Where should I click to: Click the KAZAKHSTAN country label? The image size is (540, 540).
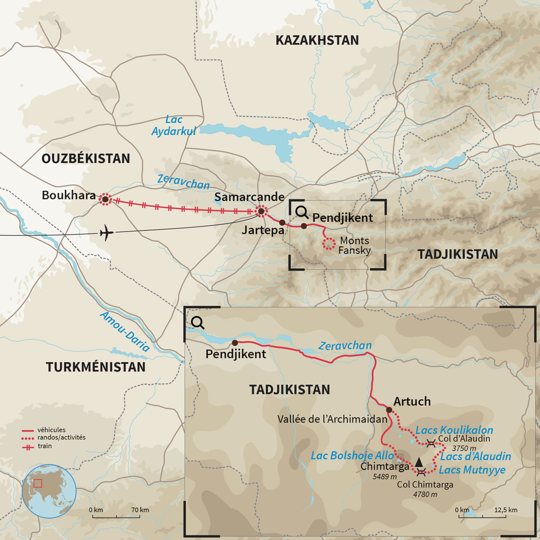click(x=317, y=40)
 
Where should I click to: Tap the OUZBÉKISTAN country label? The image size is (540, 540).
click(x=86, y=159)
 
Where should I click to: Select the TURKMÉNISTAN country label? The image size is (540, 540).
click(x=96, y=367)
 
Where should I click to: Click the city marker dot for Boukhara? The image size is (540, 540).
click(x=105, y=199)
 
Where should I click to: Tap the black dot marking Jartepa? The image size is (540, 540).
click(x=282, y=223)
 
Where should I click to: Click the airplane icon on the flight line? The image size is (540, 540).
click(x=107, y=233)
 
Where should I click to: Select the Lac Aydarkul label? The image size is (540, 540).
click(x=174, y=126)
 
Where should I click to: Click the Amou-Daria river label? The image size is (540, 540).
click(x=125, y=332)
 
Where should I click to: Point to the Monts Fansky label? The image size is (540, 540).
click(x=354, y=246)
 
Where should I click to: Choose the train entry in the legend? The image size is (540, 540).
click(x=44, y=446)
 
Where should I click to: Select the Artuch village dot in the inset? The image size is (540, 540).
click(x=389, y=410)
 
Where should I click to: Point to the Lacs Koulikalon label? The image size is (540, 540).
click(x=454, y=431)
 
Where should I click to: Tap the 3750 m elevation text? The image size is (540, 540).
click(x=464, y=448)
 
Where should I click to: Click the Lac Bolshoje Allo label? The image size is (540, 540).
click(x=352, y=456)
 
